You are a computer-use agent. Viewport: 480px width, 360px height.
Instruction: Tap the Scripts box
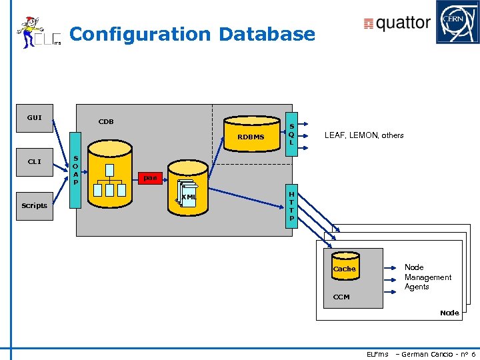click(34, 205)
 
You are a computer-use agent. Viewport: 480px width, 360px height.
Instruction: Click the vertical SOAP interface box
click(76, 171)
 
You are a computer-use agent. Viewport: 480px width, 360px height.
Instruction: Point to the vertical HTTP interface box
click(291, 207)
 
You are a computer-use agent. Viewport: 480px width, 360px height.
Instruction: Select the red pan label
click(150, 177)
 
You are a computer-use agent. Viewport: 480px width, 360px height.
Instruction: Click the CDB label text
click(106, 121)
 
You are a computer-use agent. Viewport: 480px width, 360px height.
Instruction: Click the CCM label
click(341, 297)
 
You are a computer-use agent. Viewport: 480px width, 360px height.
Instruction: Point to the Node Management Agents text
click(427, 277)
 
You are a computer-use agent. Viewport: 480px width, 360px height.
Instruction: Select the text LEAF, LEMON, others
click(363, 135)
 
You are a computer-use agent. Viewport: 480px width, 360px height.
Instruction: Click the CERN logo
click(457, 22)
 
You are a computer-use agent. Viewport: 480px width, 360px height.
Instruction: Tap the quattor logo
click(397, 23)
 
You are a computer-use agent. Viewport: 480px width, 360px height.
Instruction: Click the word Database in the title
click(267, 34)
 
